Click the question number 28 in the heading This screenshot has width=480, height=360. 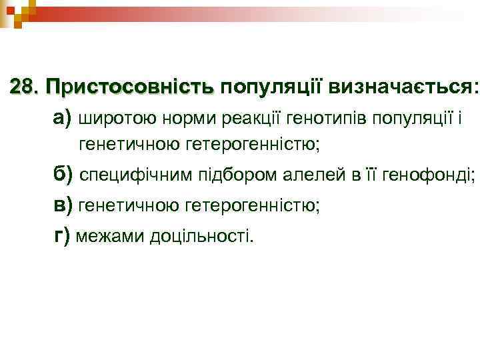tap(25, 87)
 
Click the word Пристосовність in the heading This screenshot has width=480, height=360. tap(129, 87)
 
